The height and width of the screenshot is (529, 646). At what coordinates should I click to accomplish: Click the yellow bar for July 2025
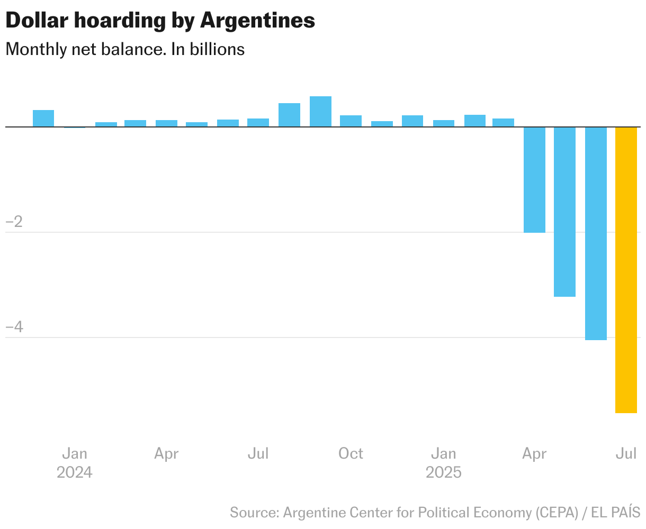pyautogui.click(x=626, y=270)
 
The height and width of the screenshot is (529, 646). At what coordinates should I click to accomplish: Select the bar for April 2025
pyautogui.click(x=534, y=180)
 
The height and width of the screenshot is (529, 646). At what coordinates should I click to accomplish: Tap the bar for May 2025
pyautogui.click(x=564, y=212)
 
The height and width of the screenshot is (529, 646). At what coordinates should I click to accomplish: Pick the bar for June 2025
pyautogui.click(x=596, y=233)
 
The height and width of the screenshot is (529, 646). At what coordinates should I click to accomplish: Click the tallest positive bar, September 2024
pyautogui.click(x=320, y=112)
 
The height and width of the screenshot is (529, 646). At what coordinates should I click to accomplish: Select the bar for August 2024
pyautogui.click(x=289, y=115)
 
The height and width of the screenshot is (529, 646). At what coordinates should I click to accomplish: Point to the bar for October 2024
pyautogui.click(x=351, y=121)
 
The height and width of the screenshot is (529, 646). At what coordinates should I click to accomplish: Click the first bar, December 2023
pyautogui.click(x=43, y=118)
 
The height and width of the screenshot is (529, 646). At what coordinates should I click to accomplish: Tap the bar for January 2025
pyautogui.click(x=443, y=123)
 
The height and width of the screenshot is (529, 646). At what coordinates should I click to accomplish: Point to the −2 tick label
pyautogui.click(x=14, y=222)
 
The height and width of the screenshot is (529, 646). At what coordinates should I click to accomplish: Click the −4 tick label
pyautogui.click(x=14, y=327)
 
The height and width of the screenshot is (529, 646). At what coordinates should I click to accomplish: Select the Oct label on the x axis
pyautogui.click(x=351, y=454)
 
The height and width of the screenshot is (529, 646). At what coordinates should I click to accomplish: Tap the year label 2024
pyautogui.click(x=75, y=472)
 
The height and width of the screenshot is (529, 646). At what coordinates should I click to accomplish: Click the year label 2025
pyautogui.click(x=443, y=472)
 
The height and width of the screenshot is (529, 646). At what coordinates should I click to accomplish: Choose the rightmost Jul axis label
pyautogui.click(x=626, y=454)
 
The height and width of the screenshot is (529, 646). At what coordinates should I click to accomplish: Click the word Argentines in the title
pyautogui.click(x=257, y=21)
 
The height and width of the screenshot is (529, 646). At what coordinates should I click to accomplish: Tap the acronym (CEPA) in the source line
pyautogui.click(x=556, y=513)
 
